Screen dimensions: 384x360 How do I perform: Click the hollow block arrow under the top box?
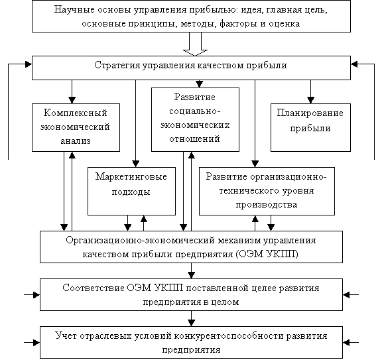tap(195, 44)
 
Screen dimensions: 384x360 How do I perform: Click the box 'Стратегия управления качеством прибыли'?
tap(191, 68)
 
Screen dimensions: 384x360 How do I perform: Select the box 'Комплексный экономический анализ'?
tap(76, 127)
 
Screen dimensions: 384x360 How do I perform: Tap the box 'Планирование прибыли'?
tap(310, 127)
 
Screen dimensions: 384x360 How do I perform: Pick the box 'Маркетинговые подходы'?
tap(131, 191)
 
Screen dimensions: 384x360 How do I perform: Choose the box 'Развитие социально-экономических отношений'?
tap(195, 120)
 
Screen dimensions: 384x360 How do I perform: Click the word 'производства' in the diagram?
tap(267, 205)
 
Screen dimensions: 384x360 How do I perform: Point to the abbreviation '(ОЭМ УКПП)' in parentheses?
tap(267, 254)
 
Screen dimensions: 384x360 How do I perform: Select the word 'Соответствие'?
tap(93, 288)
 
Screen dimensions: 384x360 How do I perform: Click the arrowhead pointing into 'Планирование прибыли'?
tap(310, 100)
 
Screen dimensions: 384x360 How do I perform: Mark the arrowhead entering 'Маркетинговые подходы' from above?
tap(136, 164)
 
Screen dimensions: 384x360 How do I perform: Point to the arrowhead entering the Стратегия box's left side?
tap(29, 64)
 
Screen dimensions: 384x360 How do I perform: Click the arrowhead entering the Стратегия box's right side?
tap(354, 64)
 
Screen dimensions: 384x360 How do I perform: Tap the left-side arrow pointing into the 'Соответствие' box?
tap(32, 294)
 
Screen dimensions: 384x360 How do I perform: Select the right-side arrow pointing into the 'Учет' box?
tap(351, 342)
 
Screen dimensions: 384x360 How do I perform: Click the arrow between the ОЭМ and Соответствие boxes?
tap(191, 270)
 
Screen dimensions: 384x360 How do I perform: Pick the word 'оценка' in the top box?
tap(285, 24)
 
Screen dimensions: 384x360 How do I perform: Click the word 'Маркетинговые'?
tap(131, 176)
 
